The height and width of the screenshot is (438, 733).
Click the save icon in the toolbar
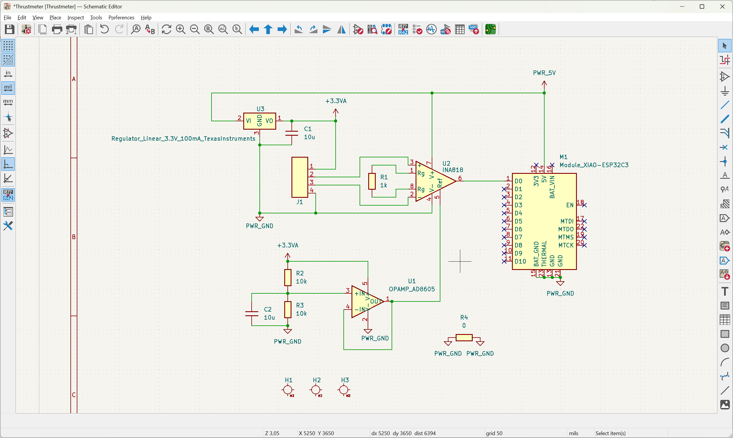coord(10,29)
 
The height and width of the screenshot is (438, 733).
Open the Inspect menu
coord(76,17)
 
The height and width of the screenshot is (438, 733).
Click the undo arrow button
coord(104,29)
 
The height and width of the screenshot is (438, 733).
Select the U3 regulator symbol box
coord(259,121)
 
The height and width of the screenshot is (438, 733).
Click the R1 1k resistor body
coord(372,181)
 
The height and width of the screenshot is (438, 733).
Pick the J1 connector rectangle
coord(300,177)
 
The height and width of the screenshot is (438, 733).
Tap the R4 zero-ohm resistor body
coord(464,337)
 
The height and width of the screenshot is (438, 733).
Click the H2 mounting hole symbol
coord(316,390)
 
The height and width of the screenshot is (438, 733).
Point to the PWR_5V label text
coord(544,73)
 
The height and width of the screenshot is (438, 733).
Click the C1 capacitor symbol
coord(292,133)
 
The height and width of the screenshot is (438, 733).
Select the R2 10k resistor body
coord(288,277)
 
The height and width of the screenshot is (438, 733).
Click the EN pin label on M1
coord(570,205)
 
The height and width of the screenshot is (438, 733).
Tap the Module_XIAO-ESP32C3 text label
coord(594,165)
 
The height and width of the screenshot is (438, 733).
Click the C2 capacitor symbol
coord(252,314)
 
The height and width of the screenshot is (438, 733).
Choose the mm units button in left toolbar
coord(8,102)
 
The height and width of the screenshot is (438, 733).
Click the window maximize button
coord(702,6)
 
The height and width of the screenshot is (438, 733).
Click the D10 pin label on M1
coord(520,262)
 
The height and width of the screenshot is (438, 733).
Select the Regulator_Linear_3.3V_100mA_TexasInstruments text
coord(183,139)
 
